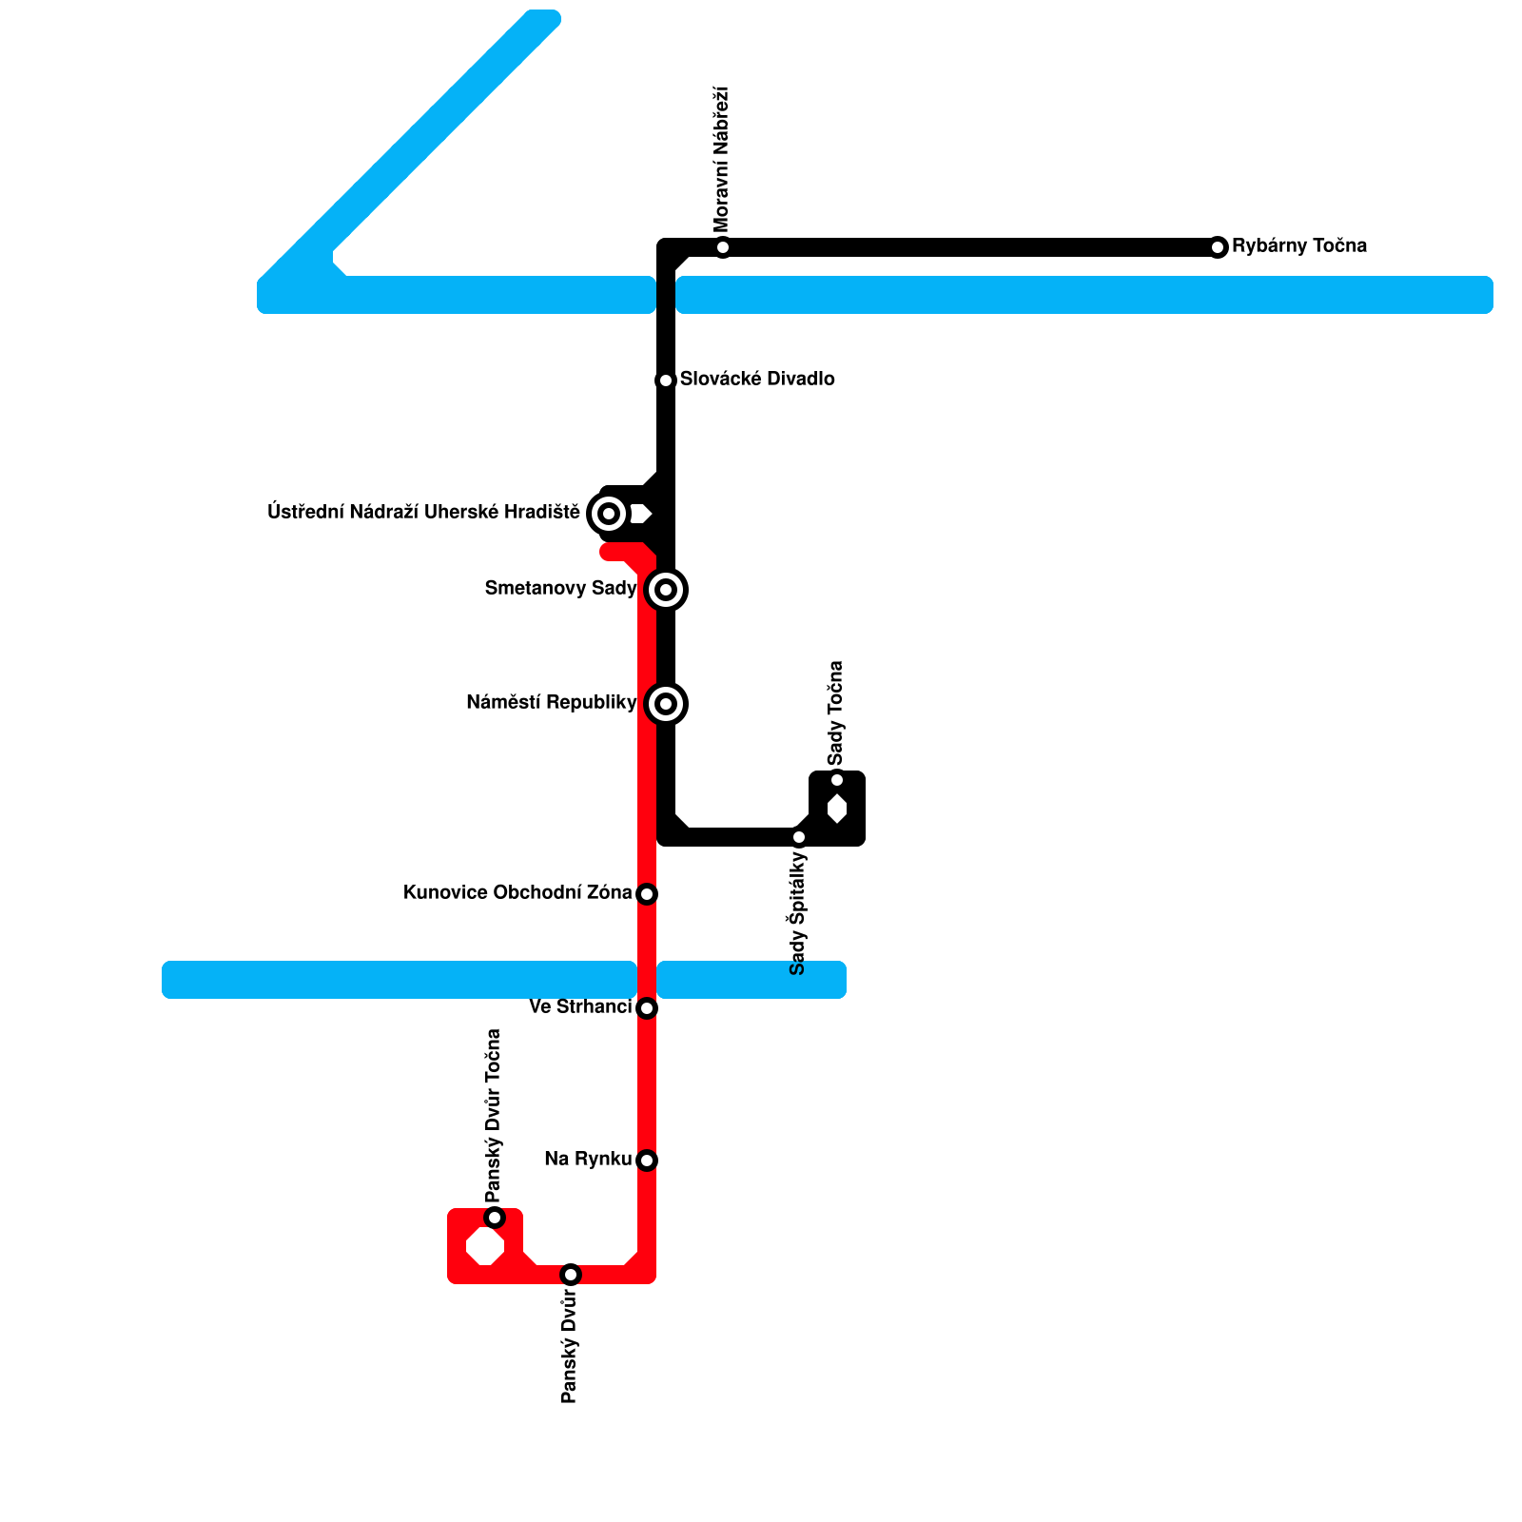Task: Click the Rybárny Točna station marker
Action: (x=1218, y=247)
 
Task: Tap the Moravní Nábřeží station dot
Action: (x=723, y=247)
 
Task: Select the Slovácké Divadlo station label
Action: (x=757, y=380)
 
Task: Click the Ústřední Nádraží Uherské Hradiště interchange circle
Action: (x=609, y=514)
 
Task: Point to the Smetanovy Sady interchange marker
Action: (x=666, y=590)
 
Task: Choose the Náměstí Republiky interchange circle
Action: (x=666, y=704)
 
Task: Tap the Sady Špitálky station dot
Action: (x=799, y=837)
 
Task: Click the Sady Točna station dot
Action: (x=837, y=780)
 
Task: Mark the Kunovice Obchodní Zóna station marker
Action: (x=647, y=894)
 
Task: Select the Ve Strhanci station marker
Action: (x=647, y=1008)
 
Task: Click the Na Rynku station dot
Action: (x=647, y=1161)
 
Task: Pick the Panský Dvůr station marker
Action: (x=571, y=1275)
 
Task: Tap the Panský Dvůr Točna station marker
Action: (x=495, y=1218)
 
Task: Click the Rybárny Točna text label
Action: (x=1299, y=246)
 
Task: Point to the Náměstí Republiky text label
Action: (x=551, y=703)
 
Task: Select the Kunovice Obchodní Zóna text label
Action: (x=517, y=893)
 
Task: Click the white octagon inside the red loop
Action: (x=485, y=1246)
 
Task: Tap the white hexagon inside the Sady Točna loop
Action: (x=837, y=809)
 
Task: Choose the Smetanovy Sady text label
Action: (x=560, y=589)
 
